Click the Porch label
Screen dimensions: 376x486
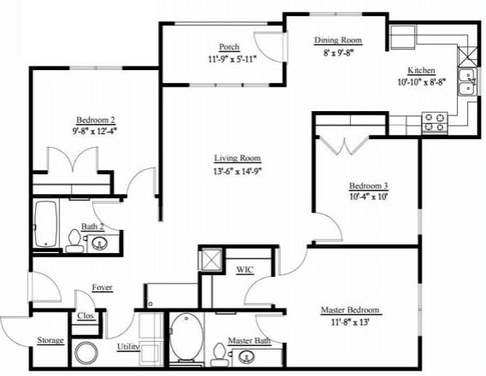[229, 47]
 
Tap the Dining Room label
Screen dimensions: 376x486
[339, 40]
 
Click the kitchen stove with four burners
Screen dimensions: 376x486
[435, 122]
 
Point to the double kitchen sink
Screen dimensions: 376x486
[466, 84]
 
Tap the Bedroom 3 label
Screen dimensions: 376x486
[368, 186]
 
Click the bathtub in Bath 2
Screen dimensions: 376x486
[45, 226]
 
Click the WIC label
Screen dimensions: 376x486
[245, 270]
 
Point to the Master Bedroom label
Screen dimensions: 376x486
[349, 310]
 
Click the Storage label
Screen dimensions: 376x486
[50, 341]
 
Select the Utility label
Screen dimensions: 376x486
[128, 347]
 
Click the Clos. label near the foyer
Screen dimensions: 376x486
[86, 314]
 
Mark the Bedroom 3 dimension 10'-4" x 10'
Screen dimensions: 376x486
[368, 197]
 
